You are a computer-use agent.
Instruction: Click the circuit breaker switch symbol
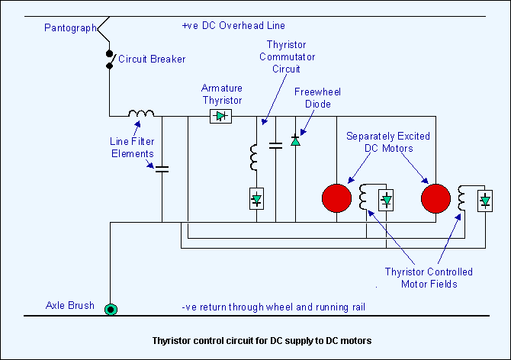110,59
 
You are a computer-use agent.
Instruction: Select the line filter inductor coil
140,115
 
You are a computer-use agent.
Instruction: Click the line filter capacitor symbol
162,168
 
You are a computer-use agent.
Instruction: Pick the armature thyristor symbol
221,116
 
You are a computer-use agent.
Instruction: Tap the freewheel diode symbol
295,140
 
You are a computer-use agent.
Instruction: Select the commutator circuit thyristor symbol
257,200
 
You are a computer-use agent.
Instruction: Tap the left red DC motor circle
336,198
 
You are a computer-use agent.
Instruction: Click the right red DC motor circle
435,198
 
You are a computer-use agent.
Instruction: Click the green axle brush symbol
111,309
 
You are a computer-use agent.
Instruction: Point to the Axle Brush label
70,306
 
